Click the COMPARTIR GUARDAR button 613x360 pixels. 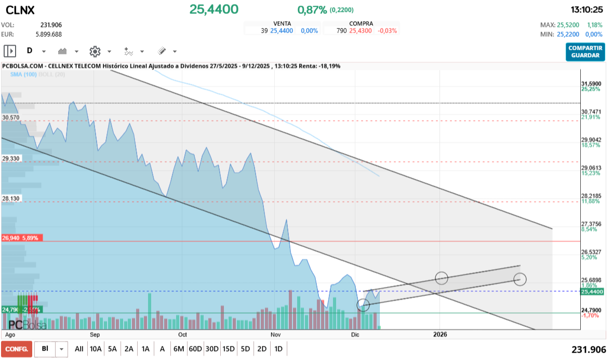click(x=585, y=51)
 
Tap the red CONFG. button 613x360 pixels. click(x=16, y=349)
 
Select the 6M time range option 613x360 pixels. click(x=179, y=349)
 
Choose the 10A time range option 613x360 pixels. click(x=96, y=349)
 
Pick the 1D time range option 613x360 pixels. click(x=278, y=349)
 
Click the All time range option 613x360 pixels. click(x=79, y=349)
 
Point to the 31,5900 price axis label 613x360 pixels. click(x=591, y=84)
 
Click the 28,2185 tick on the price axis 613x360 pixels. click(x=591, y=196)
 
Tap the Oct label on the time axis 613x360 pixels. click(x=182, y=335)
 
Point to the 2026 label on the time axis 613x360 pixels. click(x=439, y=335)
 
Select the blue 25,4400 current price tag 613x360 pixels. click(x=592, y=292)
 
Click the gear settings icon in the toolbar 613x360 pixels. click(x=95, y=51)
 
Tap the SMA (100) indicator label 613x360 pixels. click(x=22, y=75)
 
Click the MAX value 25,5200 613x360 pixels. click(x=570, y=25)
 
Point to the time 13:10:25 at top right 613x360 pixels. click(x=587, y=10)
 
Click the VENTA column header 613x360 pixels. click(x=282, y=24)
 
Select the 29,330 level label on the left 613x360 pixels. click(x=11, y=159)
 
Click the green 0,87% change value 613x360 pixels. click(x=312, y=10)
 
